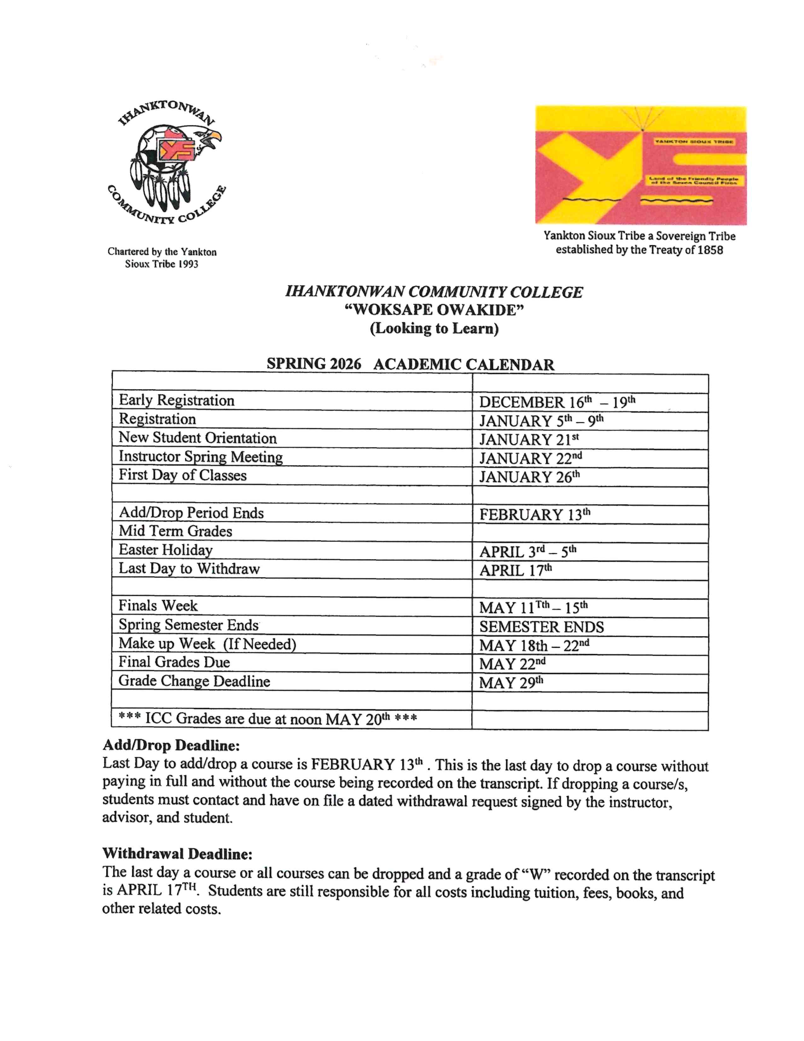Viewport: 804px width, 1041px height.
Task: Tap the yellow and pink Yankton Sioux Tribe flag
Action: pos(641,165)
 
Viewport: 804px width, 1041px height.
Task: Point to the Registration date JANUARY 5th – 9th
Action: pos(541,421)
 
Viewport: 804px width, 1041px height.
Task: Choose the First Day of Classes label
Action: pos(183,475)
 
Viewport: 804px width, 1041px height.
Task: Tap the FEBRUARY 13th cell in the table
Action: pos(534,514)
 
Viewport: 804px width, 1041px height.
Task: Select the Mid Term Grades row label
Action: pos(175,531)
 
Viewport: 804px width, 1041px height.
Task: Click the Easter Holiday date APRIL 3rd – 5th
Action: pos(528,551)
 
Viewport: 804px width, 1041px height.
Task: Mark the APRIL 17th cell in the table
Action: pos(516,570)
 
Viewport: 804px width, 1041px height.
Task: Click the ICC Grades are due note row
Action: pos(267,718)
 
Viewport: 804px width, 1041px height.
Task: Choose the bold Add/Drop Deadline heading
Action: pos(171,745)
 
